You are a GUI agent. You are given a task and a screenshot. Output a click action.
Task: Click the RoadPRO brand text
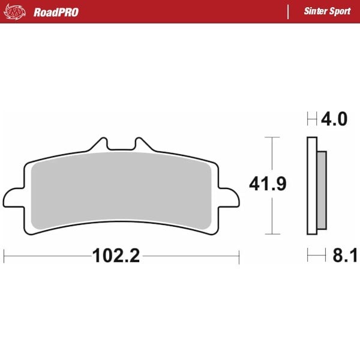pyautogui.click(x=56, y=12)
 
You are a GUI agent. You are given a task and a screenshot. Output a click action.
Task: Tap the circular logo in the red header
pyautogui.click(x=14, y=12)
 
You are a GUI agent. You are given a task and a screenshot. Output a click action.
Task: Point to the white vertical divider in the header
pyautogui.click(x=288, y=12)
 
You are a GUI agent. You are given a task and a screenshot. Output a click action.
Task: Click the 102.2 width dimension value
pyautogui.click(x=116, y=256)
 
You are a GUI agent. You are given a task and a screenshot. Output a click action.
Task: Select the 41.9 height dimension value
pyautogui.click(x=268, y=184)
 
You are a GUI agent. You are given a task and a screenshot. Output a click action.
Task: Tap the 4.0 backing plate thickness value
pyautogui.click(x=334, y=119)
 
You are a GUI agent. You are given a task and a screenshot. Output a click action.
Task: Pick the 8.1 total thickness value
pyautogui.click(x=345, y=255)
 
